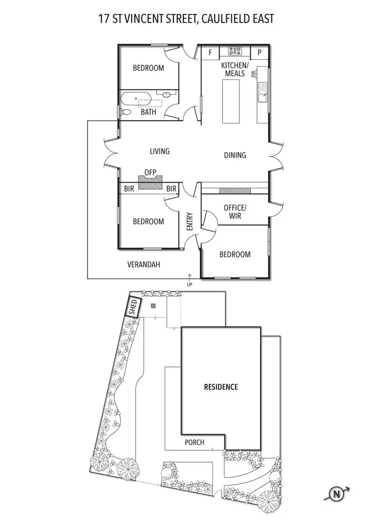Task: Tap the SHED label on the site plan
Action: [x=134, y=307]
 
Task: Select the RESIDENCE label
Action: [x=221, y=387]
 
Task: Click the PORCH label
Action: [x=194, y=442]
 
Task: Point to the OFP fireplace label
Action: [x=150, y=172]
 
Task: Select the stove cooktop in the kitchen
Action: [x=234, y=51]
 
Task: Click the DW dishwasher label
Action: [x=253, y=74]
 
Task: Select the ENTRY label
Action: [x=189, y=221]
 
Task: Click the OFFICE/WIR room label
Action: [x=235, y=212]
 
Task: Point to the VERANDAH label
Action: [x=143, y=265]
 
